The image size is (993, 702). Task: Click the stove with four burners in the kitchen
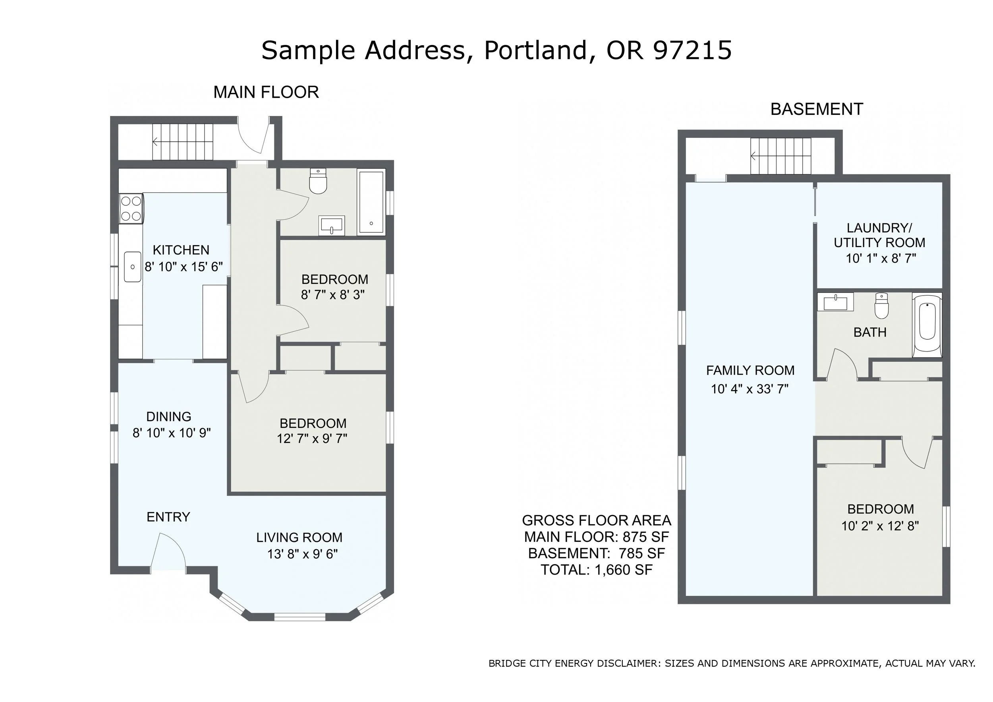131,209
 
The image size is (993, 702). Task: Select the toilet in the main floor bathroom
318,181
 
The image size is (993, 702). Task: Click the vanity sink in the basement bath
836,302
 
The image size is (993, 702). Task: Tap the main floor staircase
182,141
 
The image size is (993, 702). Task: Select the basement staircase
780,156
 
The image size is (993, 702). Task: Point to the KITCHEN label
181,250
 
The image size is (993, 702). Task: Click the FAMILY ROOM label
750,371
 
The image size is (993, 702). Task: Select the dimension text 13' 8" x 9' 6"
302,554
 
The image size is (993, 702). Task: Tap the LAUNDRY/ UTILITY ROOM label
880,235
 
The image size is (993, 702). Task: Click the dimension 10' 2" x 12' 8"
880,526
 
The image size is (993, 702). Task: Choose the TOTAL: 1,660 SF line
597,570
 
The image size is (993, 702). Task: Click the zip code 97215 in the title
692,50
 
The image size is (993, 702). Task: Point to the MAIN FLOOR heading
266,92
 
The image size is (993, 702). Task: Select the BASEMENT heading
817,109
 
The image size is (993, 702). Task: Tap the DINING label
169,416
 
